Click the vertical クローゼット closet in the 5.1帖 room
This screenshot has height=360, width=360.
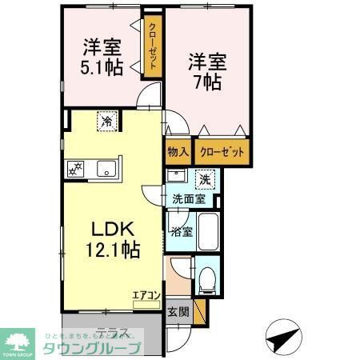point(151,46)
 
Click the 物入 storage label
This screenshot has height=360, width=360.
point(178,151)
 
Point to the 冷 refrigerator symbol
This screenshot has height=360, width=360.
point(106,122)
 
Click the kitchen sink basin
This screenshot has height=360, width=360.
point(105,169)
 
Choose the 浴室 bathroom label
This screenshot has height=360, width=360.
point(181,232)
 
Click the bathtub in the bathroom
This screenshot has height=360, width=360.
point(208,231)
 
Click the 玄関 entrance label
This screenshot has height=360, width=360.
point(178,313)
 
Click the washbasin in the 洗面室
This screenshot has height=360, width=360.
point(177,177)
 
